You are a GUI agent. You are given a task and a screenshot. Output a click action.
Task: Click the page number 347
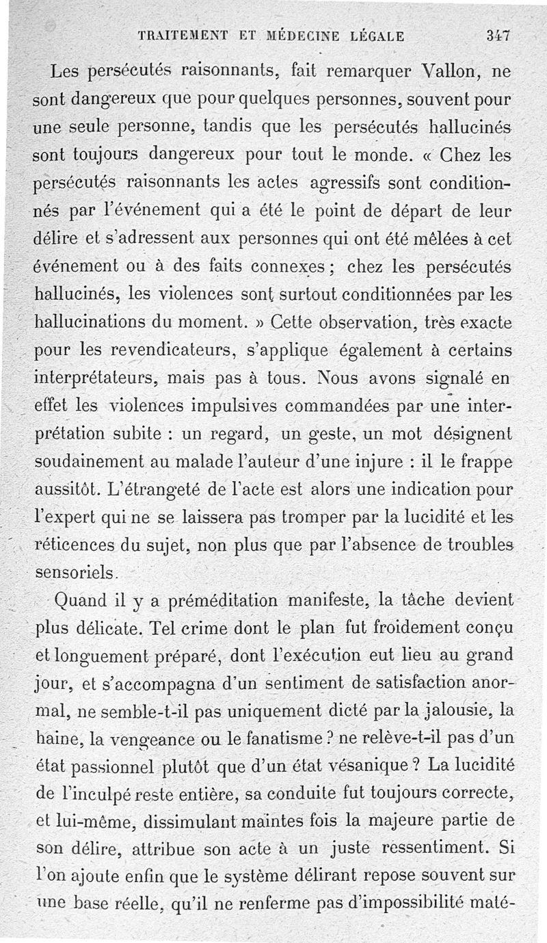coord(500,36)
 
